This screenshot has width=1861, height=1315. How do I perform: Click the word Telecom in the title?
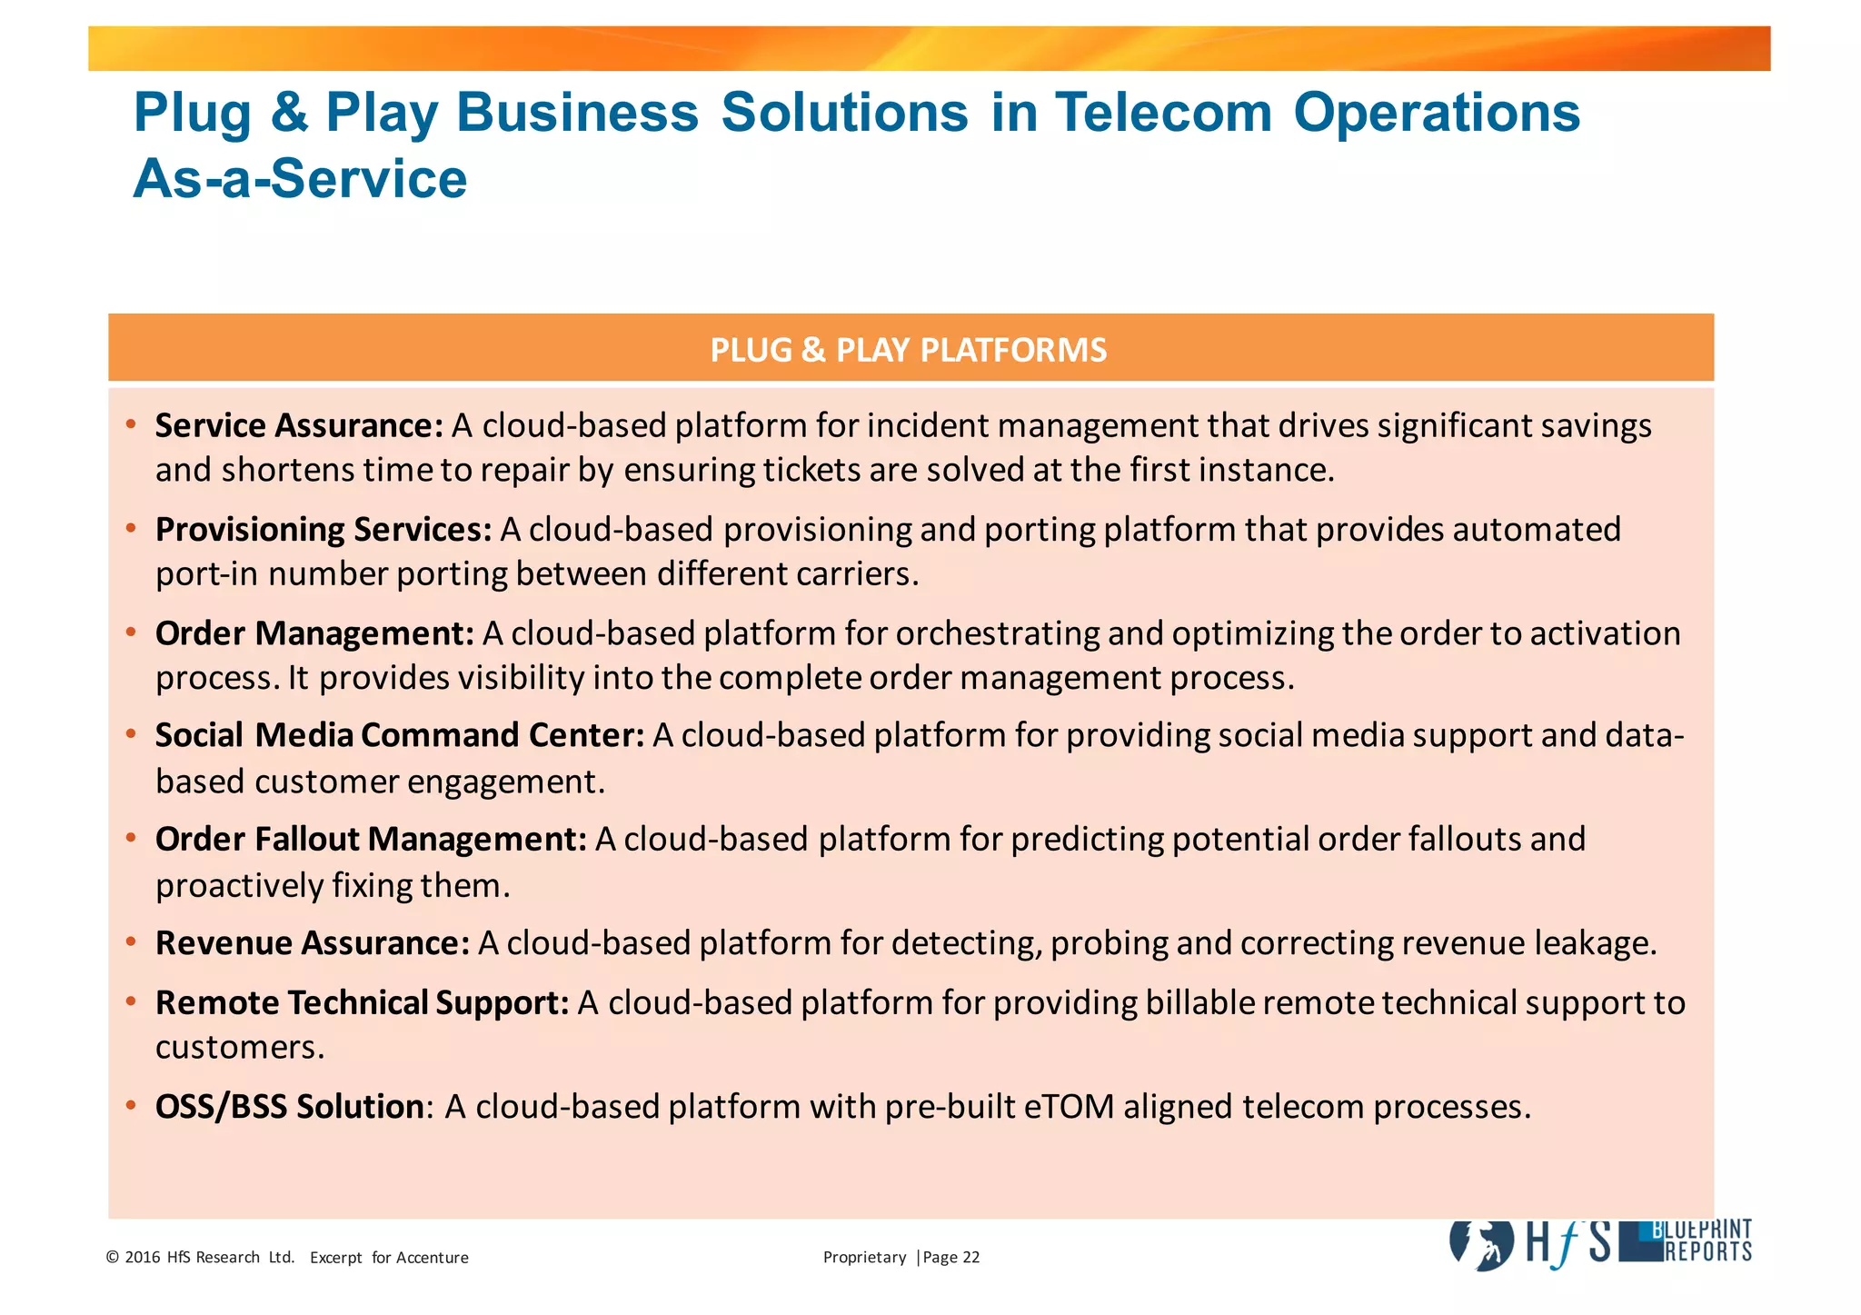[x=1163, y=113]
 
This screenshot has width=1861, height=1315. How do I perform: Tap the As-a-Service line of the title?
[x=300, y=179]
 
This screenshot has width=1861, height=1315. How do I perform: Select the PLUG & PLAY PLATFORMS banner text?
[x=909, y=350]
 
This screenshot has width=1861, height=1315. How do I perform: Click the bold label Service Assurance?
[x=299, y=425]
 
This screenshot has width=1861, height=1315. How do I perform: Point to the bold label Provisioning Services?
[x=323, y=529]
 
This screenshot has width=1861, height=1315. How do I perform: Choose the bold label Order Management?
[x=314, y=633]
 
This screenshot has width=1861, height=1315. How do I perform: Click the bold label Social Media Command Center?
[x=400, y=735]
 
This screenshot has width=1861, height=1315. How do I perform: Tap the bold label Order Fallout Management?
[x=371, y=839]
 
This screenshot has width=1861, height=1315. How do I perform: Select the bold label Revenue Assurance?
[x=313, y=943]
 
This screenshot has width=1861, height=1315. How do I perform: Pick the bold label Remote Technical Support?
[x=363, y=1002]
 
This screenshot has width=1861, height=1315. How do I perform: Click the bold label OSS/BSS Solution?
[x=289, y=1107]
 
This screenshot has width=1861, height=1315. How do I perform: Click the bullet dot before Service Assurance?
[x=132, y=424]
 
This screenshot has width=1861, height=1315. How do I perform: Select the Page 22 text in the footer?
[x=951, y=1258]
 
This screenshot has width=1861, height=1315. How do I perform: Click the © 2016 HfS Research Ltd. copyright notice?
[x=201, y=1258]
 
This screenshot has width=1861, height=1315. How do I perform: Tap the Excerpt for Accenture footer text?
[x=389, y=1258]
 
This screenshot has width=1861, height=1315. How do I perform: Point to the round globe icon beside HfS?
[x=1482, y=1243]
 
